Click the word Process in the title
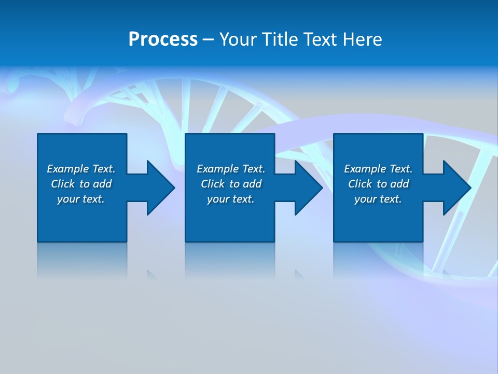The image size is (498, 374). pos(163,39)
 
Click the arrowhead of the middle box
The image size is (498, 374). pos(308,188)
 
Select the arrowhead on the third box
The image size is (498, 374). pos(455,188)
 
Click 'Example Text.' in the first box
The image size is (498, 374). pos(81,169)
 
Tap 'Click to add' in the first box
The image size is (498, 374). pos(81,184)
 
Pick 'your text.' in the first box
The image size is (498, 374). pos(81,199)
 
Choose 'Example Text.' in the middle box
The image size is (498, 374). pos(231,169)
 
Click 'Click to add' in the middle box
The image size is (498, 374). pos(231,184)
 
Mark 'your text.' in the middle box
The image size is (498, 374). pos(231,199)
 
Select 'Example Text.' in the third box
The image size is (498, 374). pos(378,169)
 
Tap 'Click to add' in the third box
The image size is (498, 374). pos(378,184)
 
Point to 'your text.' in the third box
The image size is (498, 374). pos(378,199)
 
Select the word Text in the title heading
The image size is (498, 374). pos(320,39)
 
